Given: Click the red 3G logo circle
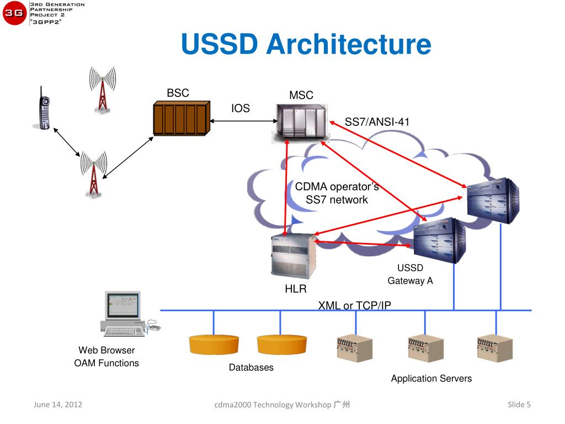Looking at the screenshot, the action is [x=14, y=13].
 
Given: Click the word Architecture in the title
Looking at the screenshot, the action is [x=349, y=44].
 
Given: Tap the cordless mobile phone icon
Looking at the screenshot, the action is [x=44, y=108].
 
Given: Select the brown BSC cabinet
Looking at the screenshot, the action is [x=182, y=118].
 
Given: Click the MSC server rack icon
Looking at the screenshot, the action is [x=301, y=123].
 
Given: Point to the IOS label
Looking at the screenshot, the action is [x=241, y=108].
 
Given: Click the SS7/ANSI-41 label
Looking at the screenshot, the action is [x=377, y=122].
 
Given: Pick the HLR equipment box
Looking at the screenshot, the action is [x=294, y=256].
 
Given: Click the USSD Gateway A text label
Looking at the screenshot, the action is [x=410, y=274].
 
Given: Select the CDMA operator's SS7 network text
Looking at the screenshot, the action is [x=337, y=193].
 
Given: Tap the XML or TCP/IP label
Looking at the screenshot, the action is [x=355, y=305].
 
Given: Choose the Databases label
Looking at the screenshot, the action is [x=251, y=367].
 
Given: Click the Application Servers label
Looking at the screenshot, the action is [x=431, y=378].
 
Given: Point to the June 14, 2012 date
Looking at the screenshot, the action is [x=57, y=405].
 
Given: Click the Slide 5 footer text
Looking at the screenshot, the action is [x=519, y=405].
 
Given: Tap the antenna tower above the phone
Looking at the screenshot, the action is [x=103, y=88].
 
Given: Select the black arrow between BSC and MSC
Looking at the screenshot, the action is [x=243, y=121].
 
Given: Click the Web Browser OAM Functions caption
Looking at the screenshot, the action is [x=106, y=357].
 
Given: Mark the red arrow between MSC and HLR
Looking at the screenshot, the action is [x=286, y=188].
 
